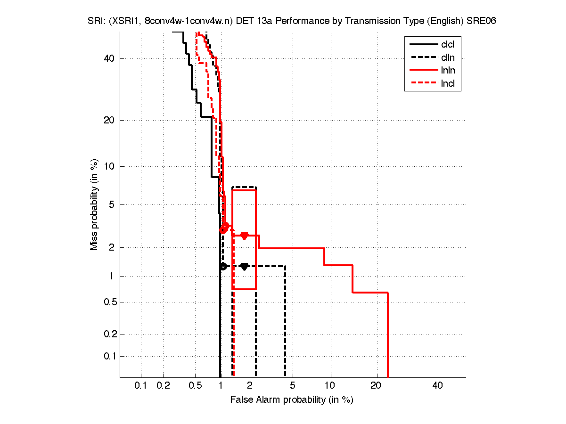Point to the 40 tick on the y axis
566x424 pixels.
109,58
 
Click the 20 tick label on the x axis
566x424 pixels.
376,385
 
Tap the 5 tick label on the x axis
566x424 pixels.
293,385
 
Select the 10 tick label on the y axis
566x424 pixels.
109,166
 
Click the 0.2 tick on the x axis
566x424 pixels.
163,385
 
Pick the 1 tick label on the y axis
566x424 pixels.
112,276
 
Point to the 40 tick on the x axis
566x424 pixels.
438,385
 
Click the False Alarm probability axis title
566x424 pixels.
291,400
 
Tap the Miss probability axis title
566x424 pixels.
94,204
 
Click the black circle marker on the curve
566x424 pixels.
223,266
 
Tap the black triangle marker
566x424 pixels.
244,267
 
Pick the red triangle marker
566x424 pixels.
244,236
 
